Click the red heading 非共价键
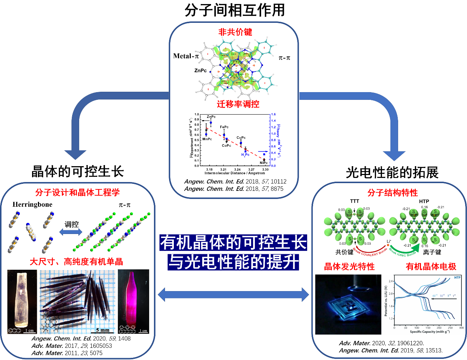coord(235,32)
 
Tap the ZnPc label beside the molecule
coord(200,70)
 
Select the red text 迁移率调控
coord(238,104)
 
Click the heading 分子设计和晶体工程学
coord(77,192)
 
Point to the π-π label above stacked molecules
coord(124,205)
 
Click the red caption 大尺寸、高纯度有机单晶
coord(76,262)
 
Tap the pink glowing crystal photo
coord(133,301)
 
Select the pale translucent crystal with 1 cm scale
coord(22,301)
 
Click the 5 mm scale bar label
coord(102,330)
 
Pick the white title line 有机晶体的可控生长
coord(233,242)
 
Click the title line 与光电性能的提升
coord(233,262)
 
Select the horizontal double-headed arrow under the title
coord(233,294)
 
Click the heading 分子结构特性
coord(393,193)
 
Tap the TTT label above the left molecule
coord(354,201)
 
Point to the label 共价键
coord(344,252)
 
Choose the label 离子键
coord(432,252)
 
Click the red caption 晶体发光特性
coord(349,266)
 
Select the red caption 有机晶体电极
coord(431,266)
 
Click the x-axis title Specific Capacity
coord(429,332)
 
